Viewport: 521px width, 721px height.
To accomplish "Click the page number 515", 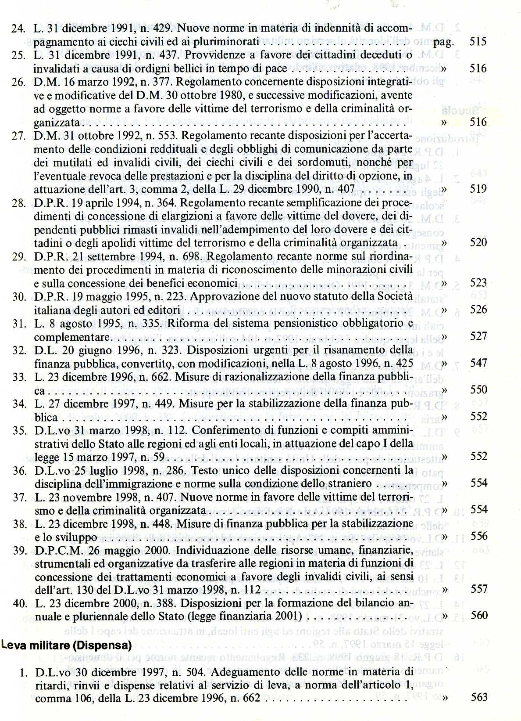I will click(478, 42).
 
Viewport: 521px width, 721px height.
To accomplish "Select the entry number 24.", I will click(18, 29).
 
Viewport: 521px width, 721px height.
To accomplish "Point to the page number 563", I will click(478, 697).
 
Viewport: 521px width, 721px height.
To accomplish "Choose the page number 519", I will click(478, 189).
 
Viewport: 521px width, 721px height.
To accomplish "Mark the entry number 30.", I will click(19, 296).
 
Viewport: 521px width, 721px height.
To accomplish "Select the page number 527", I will click(478, 336).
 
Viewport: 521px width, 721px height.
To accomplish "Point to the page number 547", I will click(478, 363).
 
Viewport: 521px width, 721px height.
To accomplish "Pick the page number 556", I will click(479, 536).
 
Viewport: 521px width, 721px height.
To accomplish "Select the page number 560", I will click(479, 616).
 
